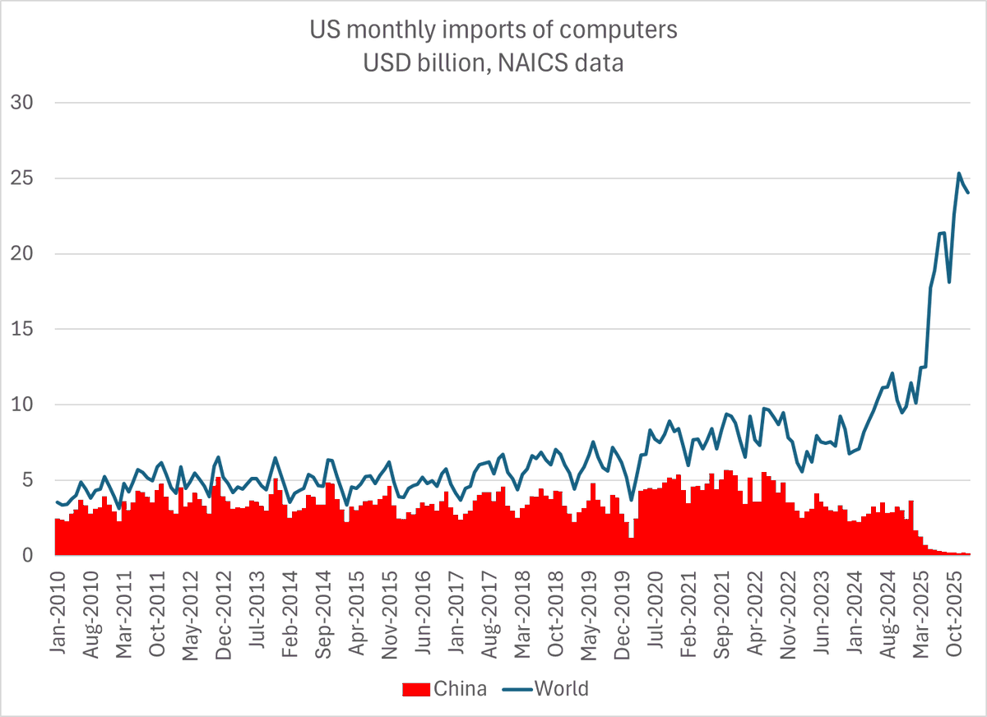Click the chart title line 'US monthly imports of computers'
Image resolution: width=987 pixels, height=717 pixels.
493,30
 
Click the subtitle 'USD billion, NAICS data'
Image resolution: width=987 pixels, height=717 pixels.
493,62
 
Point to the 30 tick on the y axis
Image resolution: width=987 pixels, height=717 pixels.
21,103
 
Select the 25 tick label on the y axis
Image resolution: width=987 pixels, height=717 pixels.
21,178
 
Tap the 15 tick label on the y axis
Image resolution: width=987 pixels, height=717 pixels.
21,329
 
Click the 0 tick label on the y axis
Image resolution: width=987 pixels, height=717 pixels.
27,556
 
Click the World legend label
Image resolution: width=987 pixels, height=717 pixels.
562,689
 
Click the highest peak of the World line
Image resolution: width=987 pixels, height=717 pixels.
959,173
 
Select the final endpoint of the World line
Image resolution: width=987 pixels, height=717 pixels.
969,192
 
